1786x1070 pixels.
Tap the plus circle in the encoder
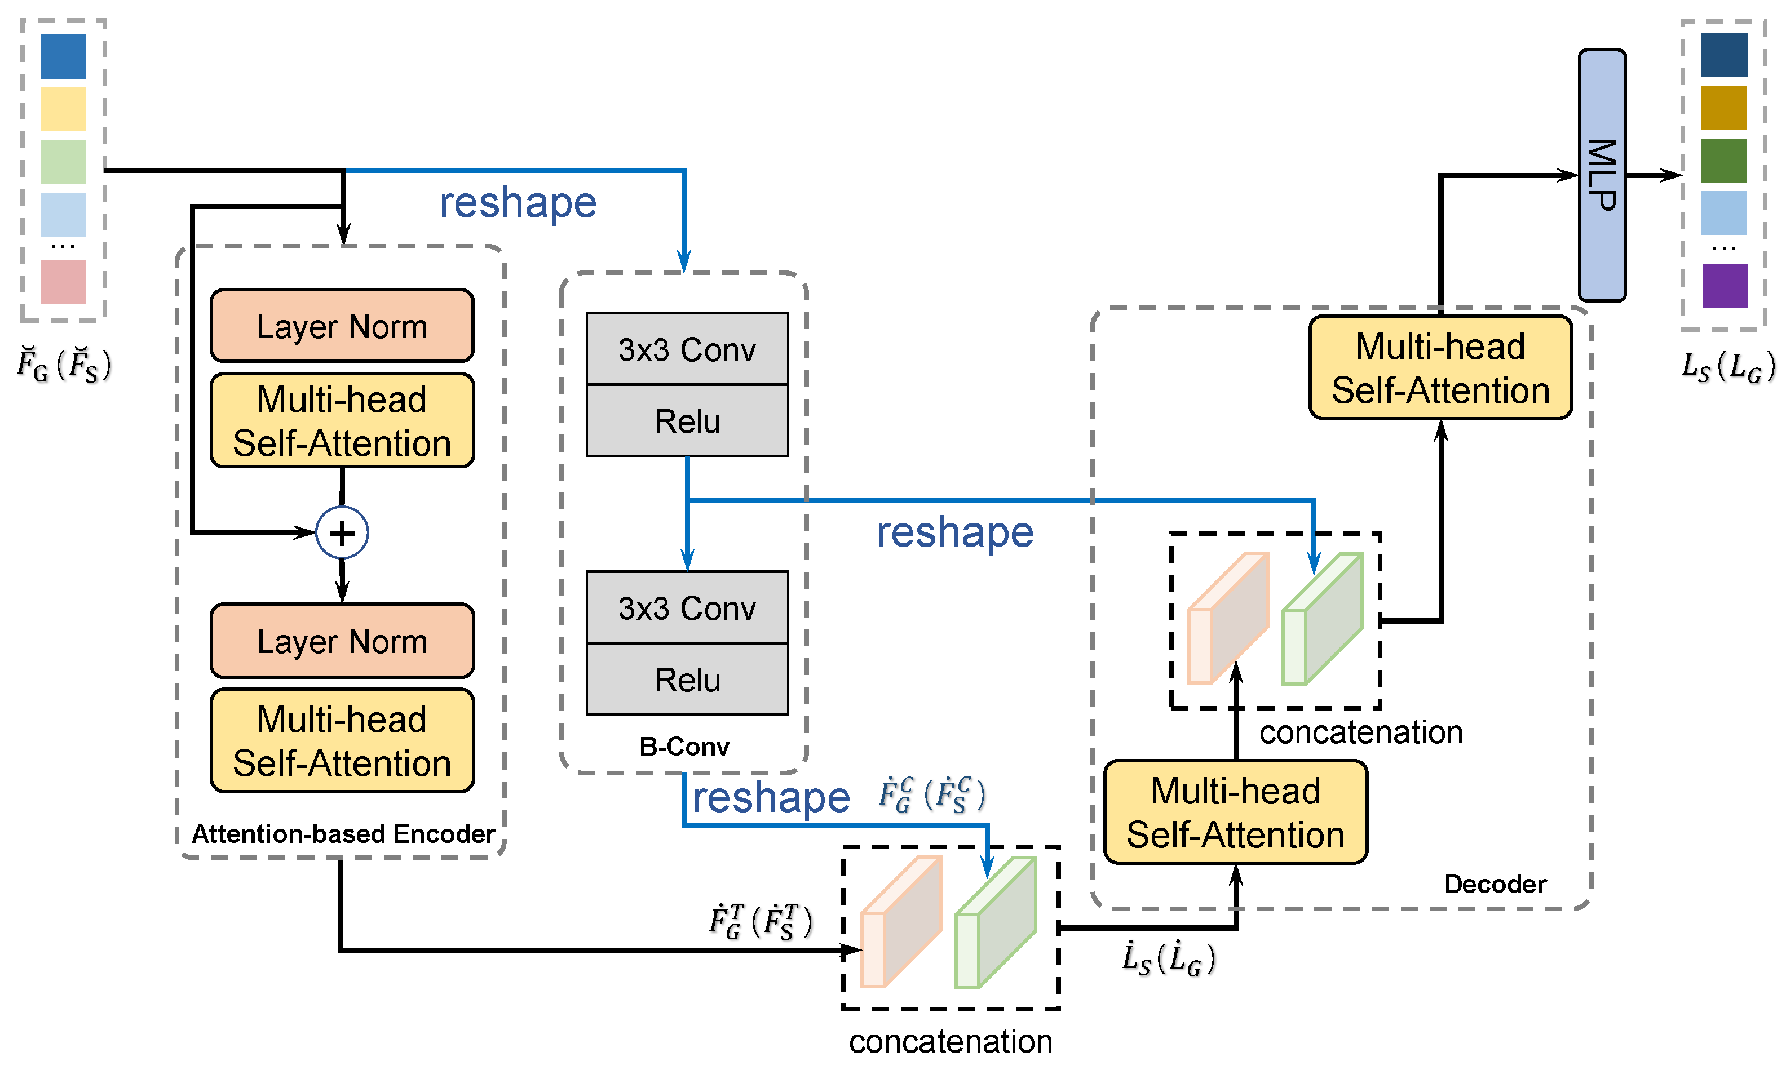click(x=342, y=533)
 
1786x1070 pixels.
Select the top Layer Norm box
click(x=342, y=326)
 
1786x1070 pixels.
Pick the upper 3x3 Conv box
click(x=687, y=349)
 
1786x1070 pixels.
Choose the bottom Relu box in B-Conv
click(x=687, y=679)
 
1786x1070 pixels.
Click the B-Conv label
click(x=684, y=746)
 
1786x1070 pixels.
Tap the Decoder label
click(x=1495, y=884)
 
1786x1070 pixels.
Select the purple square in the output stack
click(x=1724, y=286)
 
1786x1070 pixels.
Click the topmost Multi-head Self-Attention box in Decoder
click(x=1440, y=368)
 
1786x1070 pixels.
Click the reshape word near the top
click(x=518, y=203)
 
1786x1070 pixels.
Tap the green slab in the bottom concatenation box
click(x=996, y=923)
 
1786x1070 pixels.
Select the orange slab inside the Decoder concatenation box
click(x=1228, y=619)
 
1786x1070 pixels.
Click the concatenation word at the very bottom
click(x=950, y=1041)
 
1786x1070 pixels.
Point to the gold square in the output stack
click(x=1723, y=108)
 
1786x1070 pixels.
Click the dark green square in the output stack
click(x=1723, y=160)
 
